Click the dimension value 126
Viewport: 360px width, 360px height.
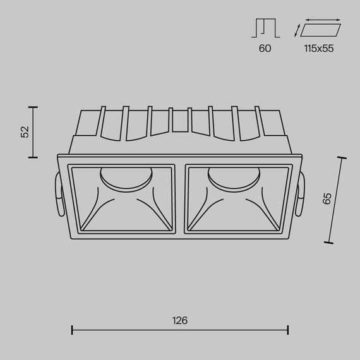tap(180, 320)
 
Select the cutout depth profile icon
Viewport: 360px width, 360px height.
tap(265, 28)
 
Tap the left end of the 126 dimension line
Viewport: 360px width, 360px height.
tap(73, 330)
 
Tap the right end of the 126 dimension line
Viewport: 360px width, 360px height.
tap(288, 330)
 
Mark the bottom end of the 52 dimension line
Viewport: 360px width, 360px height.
tap(33, 156)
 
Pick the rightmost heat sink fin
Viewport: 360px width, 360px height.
tap(258, 120)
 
